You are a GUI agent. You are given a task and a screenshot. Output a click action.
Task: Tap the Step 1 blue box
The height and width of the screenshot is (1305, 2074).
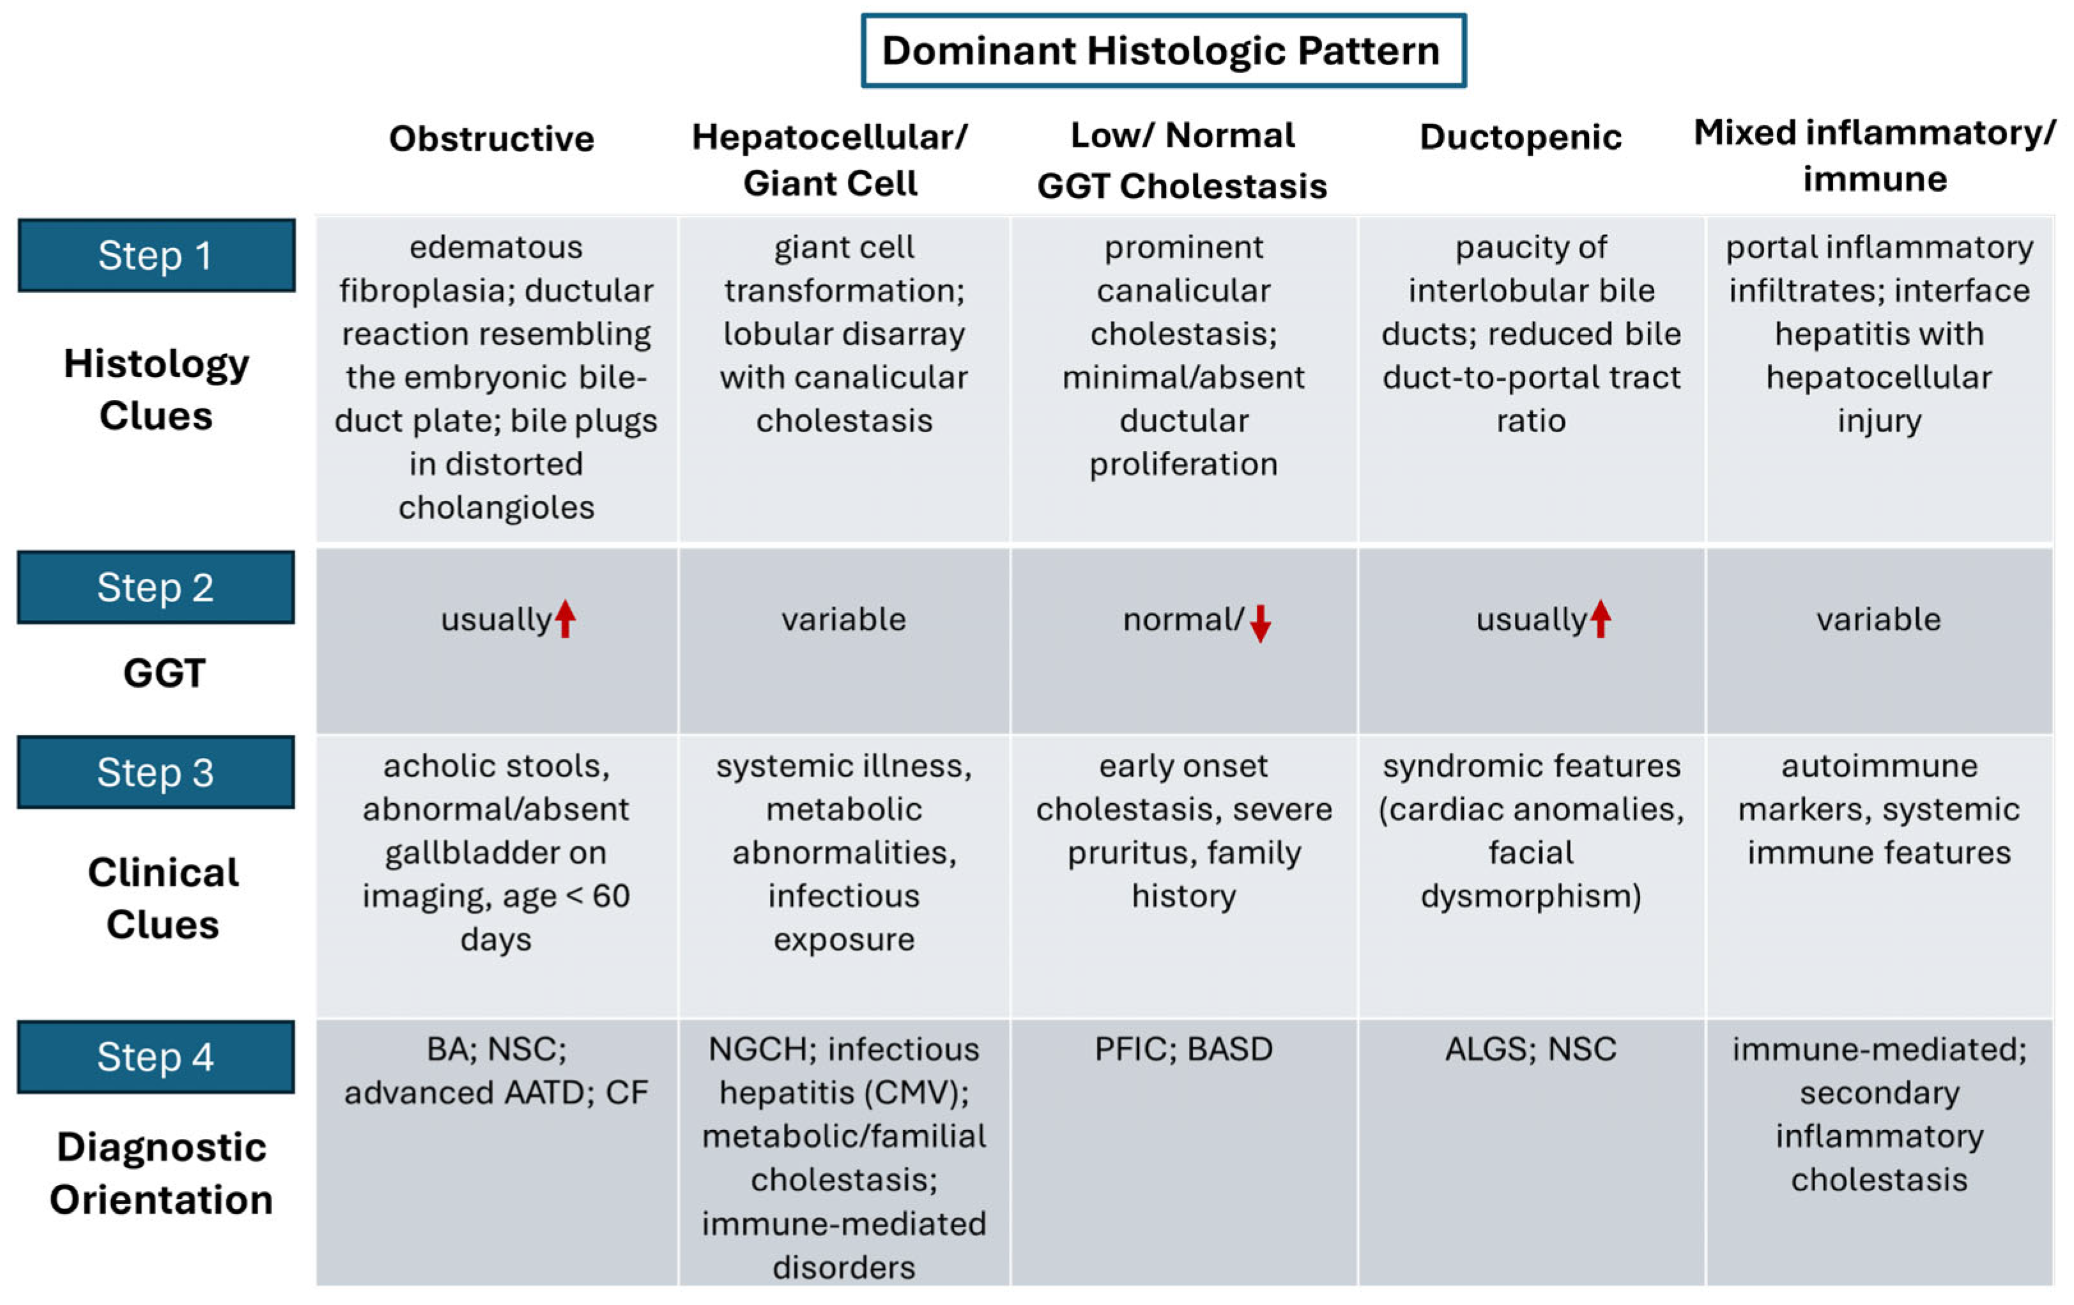tap(156, 255)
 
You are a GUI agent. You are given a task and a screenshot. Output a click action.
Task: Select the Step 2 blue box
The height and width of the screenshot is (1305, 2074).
tap(156, 587)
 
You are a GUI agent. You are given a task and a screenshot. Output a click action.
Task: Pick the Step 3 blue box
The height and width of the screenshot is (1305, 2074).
tap(156, 773)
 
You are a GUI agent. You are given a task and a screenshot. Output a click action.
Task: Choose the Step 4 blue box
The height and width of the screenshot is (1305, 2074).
tap(156, 1057)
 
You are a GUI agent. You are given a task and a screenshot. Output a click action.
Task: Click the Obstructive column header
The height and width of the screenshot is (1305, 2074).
tap(492, 139)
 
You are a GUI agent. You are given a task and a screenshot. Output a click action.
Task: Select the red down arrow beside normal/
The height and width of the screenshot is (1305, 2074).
tap(1260, 622)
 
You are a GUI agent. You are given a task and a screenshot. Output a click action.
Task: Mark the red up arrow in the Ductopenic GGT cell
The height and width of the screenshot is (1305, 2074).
tap(1601, 619)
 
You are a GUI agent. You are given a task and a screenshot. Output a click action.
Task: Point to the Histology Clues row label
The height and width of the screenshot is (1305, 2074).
tap(156, 389)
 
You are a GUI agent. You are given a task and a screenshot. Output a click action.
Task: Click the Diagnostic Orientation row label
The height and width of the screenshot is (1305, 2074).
tap(161, 1173)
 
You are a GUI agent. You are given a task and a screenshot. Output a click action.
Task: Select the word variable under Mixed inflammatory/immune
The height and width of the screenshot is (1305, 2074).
tap(1878, 619)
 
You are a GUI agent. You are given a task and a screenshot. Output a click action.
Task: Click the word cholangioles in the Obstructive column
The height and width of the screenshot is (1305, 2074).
tap(496, 507)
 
